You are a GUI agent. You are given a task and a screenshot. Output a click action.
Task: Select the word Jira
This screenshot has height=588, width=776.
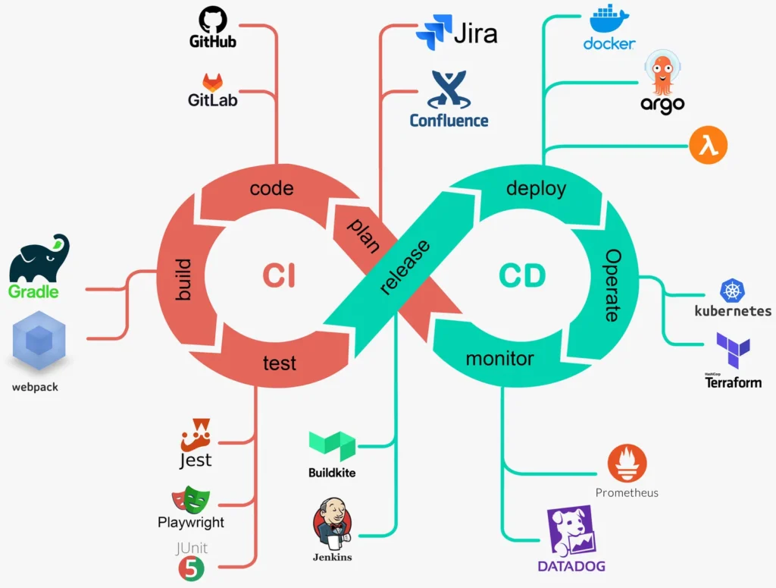tap(475, 33)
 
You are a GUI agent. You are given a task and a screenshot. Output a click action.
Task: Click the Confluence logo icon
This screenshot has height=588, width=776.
tap(449, 90)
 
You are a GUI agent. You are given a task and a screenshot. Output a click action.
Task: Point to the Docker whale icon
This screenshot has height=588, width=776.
tap(609, 20)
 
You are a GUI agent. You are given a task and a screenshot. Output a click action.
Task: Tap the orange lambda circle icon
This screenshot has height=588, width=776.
tap(708, 144)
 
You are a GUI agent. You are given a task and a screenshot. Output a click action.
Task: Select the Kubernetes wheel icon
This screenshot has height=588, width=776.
tap(733, 291)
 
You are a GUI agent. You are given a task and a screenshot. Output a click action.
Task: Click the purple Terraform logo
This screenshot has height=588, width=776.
tap(733, 351)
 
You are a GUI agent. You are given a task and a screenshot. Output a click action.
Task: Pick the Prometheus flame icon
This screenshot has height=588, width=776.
tap(627, 464)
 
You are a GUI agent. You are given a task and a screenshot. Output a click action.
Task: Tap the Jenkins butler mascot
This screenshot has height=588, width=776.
tap(332, 524)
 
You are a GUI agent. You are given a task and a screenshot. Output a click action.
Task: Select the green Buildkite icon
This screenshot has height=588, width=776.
tap(332, 446)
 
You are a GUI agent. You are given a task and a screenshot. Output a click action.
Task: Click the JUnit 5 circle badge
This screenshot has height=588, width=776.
tap(192, 568)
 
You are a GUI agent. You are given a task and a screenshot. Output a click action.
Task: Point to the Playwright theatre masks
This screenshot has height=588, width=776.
tap(190, 499)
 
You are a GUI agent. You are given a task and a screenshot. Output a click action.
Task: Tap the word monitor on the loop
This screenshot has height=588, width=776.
tap(499, 358)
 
